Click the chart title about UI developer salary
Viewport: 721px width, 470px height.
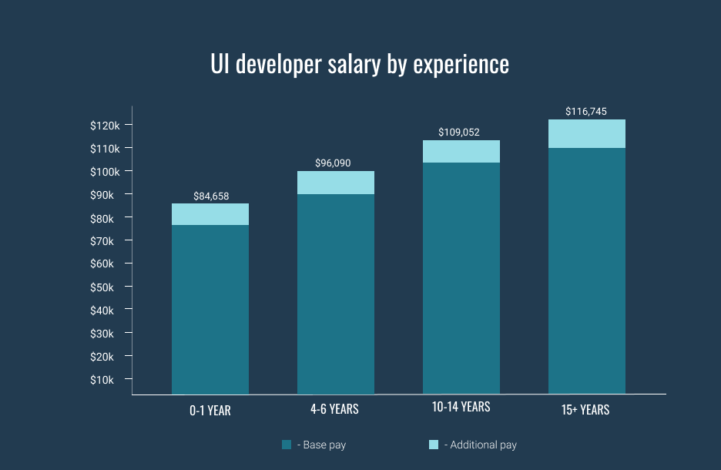[360, 65]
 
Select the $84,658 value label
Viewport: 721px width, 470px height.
[211, 196]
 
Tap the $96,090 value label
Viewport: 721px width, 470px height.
[335, 163]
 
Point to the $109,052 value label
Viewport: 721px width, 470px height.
[460, 133]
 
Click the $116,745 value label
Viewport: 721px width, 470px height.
[585, 112]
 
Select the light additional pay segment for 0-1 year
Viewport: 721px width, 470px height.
[210, 214]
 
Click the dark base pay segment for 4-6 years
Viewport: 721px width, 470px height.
[336, 293]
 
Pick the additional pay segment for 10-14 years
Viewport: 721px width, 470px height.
[461, 152]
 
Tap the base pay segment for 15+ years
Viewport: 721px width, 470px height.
[587, 270]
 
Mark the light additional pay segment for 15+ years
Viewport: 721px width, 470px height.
[587, 133]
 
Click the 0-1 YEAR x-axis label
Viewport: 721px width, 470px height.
[210, 411]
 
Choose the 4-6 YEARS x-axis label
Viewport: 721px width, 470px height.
[334, 409]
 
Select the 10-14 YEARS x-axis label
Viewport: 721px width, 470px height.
[461, 407]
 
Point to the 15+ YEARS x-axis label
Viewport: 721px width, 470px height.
[585, 410]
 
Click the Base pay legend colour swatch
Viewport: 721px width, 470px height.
[287, 445]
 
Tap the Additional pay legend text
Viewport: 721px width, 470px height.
[483, 445]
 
